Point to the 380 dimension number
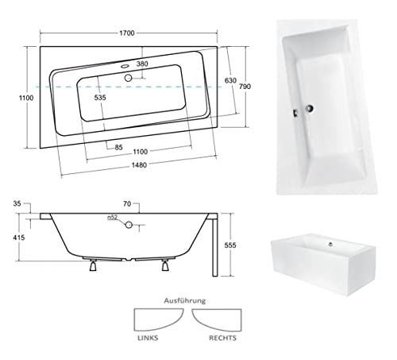(x=142, y=64)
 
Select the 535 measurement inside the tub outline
(x=101, y=98)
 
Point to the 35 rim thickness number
(x=29, y=204)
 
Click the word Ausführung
(x=185, y=301)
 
